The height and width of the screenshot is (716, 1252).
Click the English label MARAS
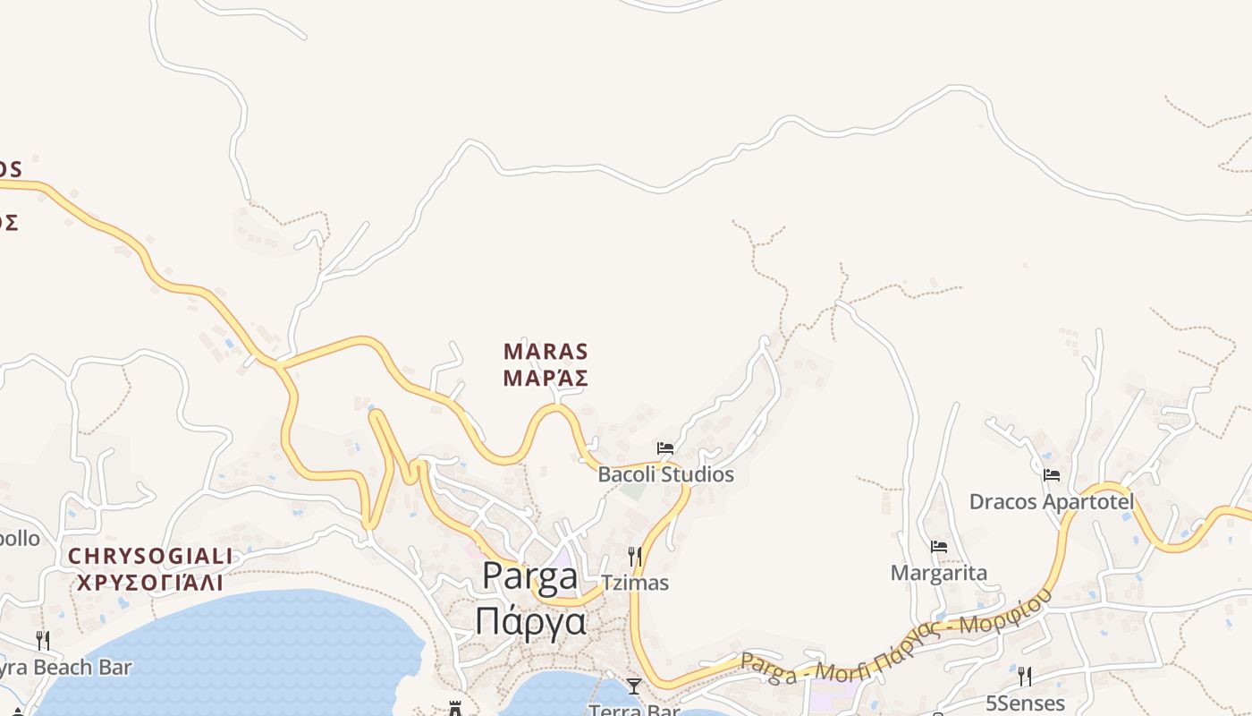[x=546, y=351]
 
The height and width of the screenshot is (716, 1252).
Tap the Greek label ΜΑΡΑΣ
[x=546, y=379]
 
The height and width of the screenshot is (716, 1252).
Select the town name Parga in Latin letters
[x=530, y=577]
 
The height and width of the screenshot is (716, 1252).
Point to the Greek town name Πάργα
[x=530, y=619]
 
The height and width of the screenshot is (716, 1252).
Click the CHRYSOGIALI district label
[x=150, y=557]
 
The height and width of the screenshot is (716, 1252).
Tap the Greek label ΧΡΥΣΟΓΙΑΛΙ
[x=150, y=584]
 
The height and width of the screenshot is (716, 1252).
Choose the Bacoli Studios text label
[x=665, y=474]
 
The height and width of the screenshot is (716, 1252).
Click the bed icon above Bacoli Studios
[x=665, y=447]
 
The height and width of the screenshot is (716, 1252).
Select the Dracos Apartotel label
[x=1052, y=501]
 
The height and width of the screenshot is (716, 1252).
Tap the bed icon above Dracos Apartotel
[x=1052, y=474]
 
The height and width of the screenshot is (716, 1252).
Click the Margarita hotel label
[x=939, y=573]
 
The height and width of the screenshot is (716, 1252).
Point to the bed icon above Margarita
[x=939, y=546]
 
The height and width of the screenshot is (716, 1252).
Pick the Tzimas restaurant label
[x=635, y=583]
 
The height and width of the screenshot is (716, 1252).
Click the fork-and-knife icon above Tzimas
[x=635, y=556]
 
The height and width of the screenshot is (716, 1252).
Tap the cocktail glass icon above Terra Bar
[x=634, y=686]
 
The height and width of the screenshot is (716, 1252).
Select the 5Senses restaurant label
[x=1025, y=703]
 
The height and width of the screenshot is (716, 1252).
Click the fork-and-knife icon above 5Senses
[x=1025, y=677]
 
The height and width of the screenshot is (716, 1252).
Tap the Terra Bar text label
[x=634, y=710]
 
